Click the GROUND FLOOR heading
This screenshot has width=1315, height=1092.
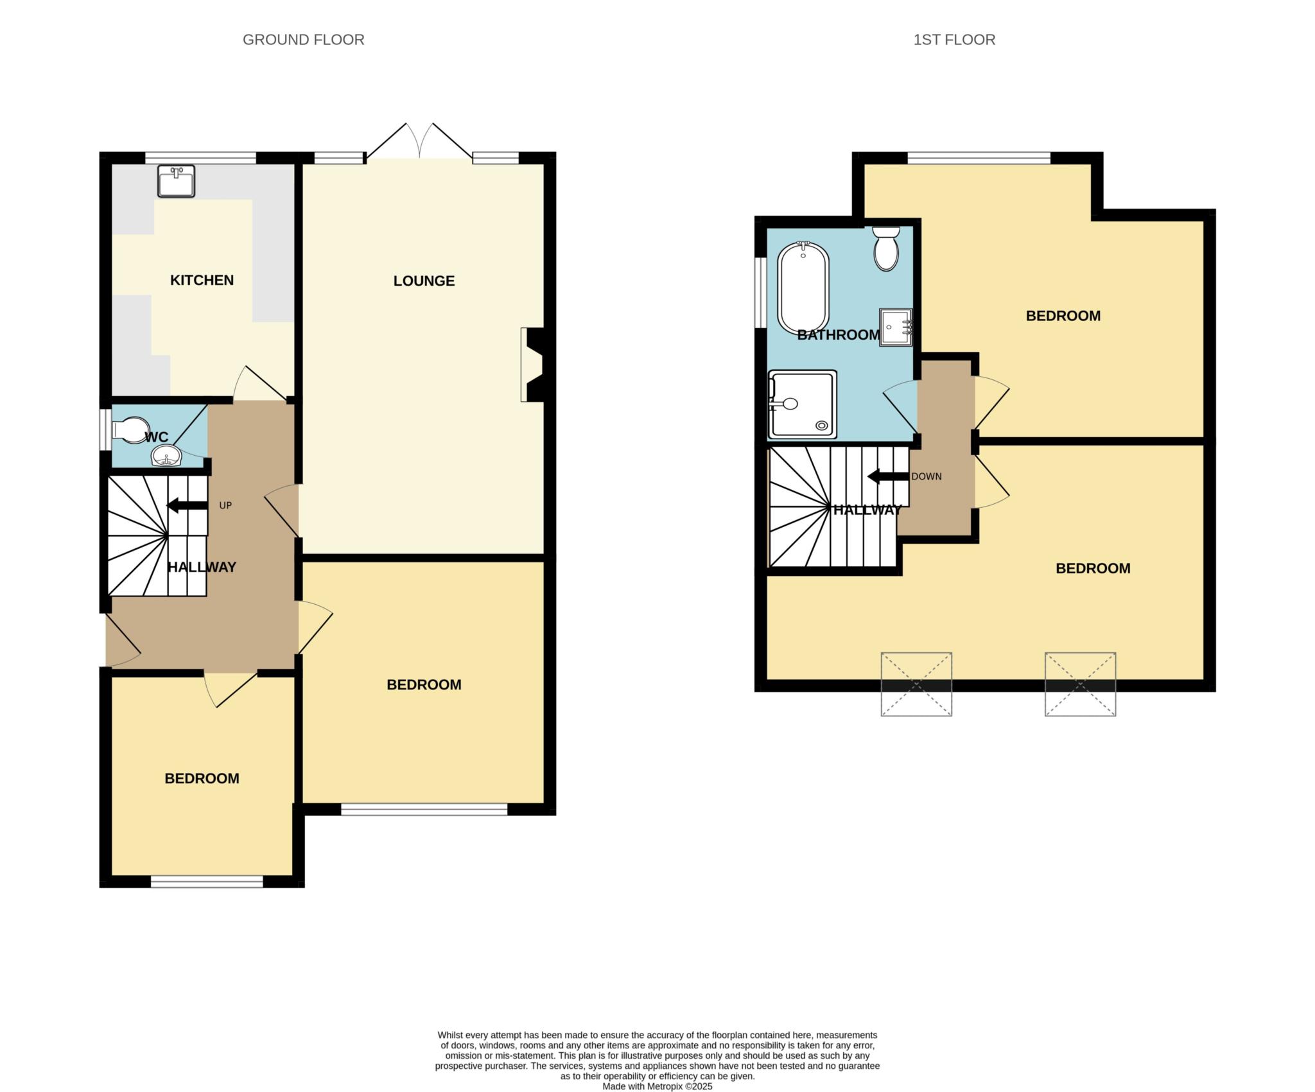tap(303, 40)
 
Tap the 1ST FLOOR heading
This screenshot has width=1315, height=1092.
tap(954, 40)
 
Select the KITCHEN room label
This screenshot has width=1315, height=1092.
tap(202, 280)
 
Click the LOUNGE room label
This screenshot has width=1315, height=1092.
tap(424, 281)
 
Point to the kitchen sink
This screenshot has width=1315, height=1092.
tap(176, 181)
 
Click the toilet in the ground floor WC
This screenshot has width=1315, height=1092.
tap(130, 430)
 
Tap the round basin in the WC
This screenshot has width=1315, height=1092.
tap(167, 456)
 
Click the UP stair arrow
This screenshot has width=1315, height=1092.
tap(187, 506)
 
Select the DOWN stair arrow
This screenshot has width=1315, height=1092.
tap(889, 477)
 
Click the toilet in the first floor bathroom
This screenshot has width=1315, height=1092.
tap(886, 248)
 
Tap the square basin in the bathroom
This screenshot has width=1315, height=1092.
tap(896, 327)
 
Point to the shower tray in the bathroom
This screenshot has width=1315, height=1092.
tap(803, 404)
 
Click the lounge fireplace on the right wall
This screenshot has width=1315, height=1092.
tap(534, 365)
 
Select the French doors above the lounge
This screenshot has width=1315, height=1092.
tap(419, 141)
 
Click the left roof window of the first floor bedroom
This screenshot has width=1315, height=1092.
tap(916, 684)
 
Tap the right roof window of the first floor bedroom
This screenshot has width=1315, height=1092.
tap(1080, 684)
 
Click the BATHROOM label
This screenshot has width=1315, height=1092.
tap(839, 334)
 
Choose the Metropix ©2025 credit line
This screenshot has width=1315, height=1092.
tap(657, 1087)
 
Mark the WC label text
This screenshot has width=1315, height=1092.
tap(157, 438)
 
